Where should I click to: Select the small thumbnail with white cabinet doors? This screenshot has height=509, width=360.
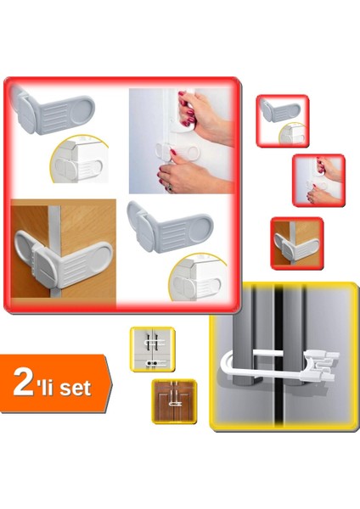pos(151,348)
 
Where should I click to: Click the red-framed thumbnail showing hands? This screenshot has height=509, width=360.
pos(318,179)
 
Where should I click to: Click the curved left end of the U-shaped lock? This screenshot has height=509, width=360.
pos(225,366)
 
